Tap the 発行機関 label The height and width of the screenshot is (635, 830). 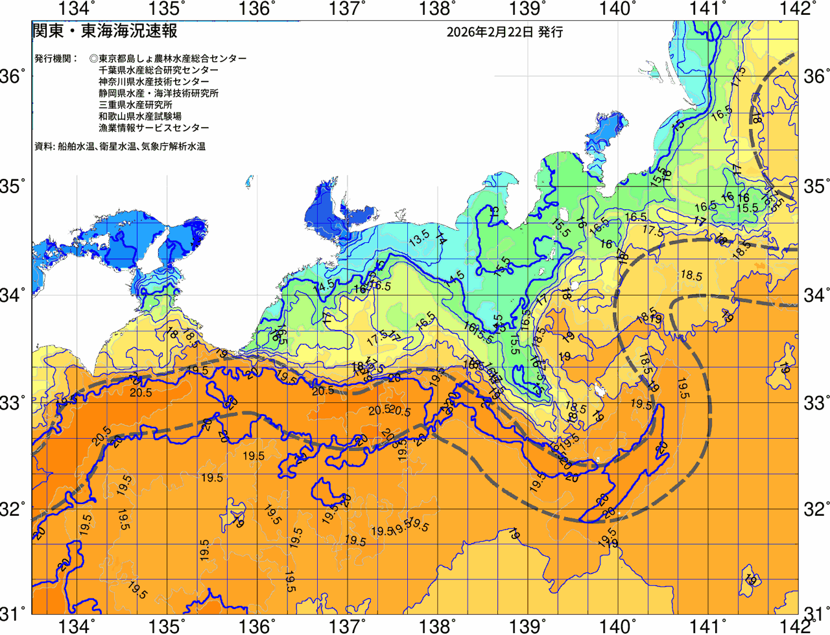tap(56, 58)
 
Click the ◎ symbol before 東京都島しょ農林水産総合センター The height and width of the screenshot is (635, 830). tap(94, 58)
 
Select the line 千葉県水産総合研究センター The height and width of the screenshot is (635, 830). tap(158, 70)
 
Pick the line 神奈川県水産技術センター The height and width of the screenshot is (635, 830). tap(154, 82)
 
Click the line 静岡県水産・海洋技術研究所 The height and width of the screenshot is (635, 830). tap(158, 93)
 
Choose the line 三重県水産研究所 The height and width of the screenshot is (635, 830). tap(136, 105)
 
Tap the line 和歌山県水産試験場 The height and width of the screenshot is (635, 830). tap(140, 117)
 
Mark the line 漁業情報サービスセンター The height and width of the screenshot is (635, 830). tap(154, 128)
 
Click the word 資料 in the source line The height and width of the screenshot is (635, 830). tap(43, 147)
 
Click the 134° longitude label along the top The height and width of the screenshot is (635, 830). tap(77, 9)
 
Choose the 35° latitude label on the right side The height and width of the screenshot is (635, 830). tap(816, 187)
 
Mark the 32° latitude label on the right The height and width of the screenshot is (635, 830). tap(816, 509)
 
